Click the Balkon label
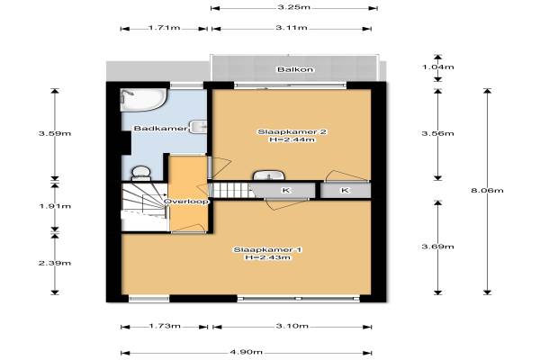[295, 69]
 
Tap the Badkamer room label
[160, 129]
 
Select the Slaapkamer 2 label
[292, 132]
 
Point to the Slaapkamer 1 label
[268, 250]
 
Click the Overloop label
[186, 202]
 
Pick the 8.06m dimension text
[487, 190]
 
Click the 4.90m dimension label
[247, 352]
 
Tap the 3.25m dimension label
[293, 7]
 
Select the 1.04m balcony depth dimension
[438, 67]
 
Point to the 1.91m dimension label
[55, 206]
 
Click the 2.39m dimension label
[55, 263]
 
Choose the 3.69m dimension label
[438, 247]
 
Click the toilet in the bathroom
[141, 174]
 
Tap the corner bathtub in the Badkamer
[144, 100]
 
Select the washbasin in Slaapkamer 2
[268, 175]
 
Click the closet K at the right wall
[346, 190]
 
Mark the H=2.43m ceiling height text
[268, 257]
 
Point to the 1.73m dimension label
[165, 326]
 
